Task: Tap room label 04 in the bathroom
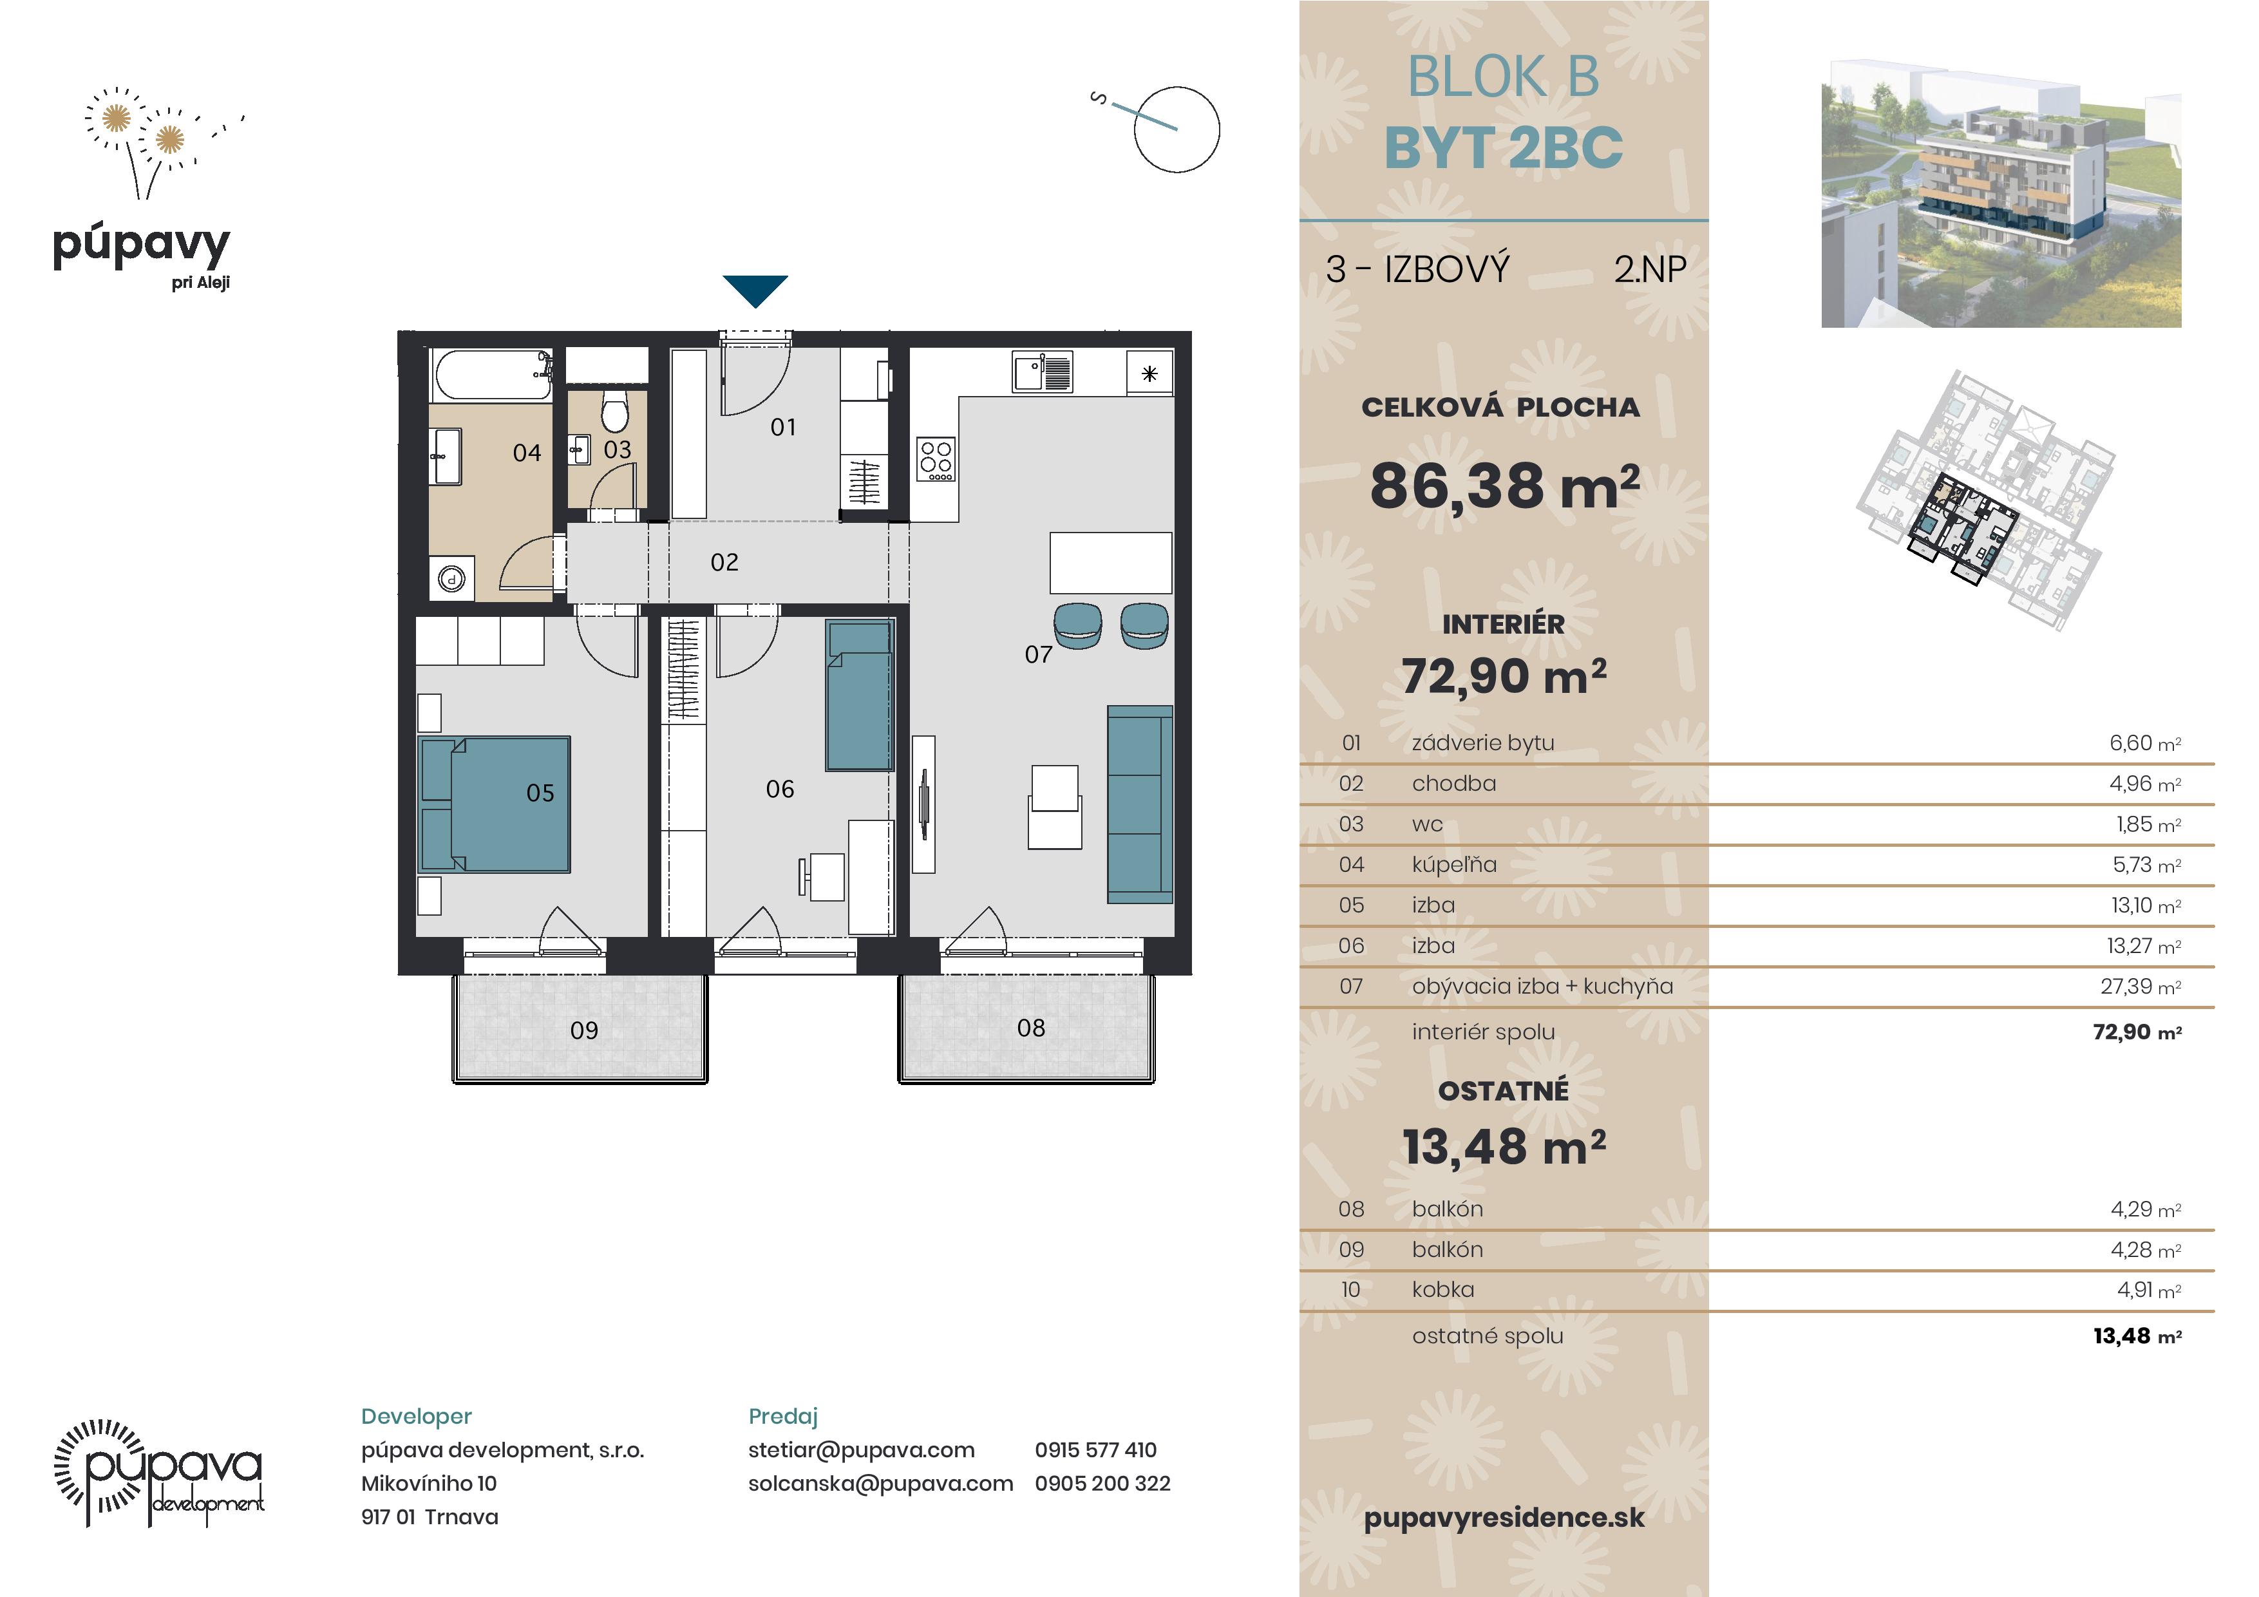point(527,453)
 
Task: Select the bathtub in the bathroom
point(491,375)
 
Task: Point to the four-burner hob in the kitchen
point(936,460)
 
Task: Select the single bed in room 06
point(859,695)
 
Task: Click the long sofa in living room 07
point(1139,804)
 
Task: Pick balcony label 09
point(585,1030)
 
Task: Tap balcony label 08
point(1031,1028)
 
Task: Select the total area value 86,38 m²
point(1504,486)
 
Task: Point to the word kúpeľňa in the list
point(1454,865)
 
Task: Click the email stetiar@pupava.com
point(861,1450)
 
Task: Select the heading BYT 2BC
point(1504,149)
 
